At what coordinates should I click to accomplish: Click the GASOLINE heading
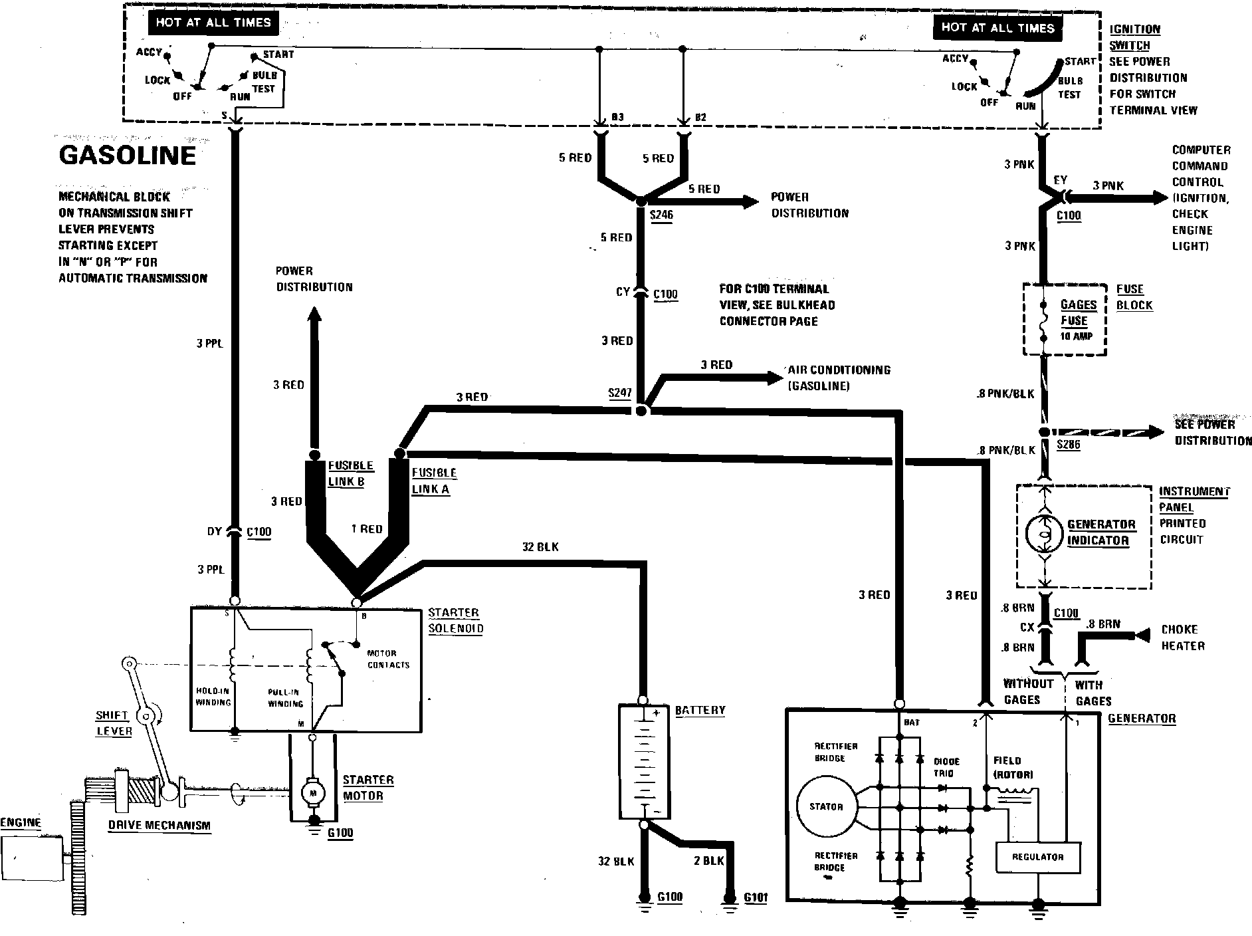(128, 156)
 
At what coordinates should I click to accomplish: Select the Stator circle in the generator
(826, 806)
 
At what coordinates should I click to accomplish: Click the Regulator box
(1037, 857)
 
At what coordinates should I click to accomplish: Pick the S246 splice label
(662, 215)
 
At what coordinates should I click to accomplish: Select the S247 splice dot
(641, 411)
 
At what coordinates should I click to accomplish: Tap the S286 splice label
(1069, 445)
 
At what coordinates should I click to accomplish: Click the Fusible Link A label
(433, 481)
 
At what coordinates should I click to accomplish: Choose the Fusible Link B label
(350, 473)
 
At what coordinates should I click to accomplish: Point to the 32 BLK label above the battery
(540, 546)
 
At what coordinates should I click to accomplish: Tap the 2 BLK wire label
(708, 860)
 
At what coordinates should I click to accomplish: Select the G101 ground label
(756, 897)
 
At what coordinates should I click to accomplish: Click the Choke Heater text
(1183, 637)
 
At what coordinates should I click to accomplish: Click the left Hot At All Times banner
(213, 23)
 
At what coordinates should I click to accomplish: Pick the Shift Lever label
(114, 723)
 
